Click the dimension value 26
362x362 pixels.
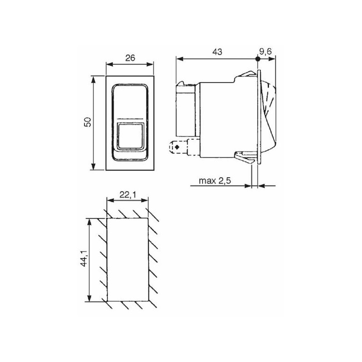pos(130,58)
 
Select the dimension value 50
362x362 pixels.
pos(88,122)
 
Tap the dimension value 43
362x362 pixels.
pos(217,52)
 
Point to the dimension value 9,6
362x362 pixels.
pos(266,51)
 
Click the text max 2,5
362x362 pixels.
pos(214,181)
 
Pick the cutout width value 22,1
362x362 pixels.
pos(128,195)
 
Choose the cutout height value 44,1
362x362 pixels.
pos(85,257)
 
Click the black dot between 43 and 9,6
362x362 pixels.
pos(258,59)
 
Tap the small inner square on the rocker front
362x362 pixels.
pos(130,136)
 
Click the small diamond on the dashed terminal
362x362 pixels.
pos(177,147)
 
